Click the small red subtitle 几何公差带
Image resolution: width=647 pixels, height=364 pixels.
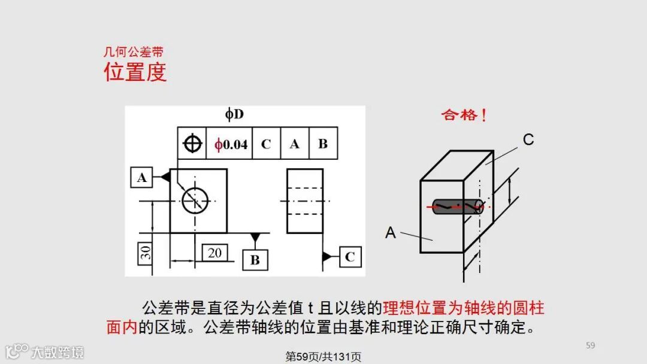133,53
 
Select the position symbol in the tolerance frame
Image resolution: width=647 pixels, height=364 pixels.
192,144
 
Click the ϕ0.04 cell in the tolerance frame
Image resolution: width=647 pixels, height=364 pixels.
231,144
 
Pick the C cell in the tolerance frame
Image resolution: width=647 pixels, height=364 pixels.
266,144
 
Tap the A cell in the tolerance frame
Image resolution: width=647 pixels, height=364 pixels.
294,144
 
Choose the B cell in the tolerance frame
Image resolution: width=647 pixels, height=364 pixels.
322,144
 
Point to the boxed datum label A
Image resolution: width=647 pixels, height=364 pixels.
141,177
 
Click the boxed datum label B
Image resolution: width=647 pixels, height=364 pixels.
255,260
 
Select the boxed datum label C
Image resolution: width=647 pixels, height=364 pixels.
350,256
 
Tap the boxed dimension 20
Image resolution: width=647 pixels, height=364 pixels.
214,253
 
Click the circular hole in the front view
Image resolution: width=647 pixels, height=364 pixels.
195,199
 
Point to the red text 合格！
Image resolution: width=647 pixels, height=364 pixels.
464,115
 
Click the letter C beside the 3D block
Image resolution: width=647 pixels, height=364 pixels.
528,140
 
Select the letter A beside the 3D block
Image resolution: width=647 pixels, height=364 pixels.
391,232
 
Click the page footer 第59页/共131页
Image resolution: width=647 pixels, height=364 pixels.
323,357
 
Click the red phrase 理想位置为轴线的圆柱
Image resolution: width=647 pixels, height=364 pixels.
464,309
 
